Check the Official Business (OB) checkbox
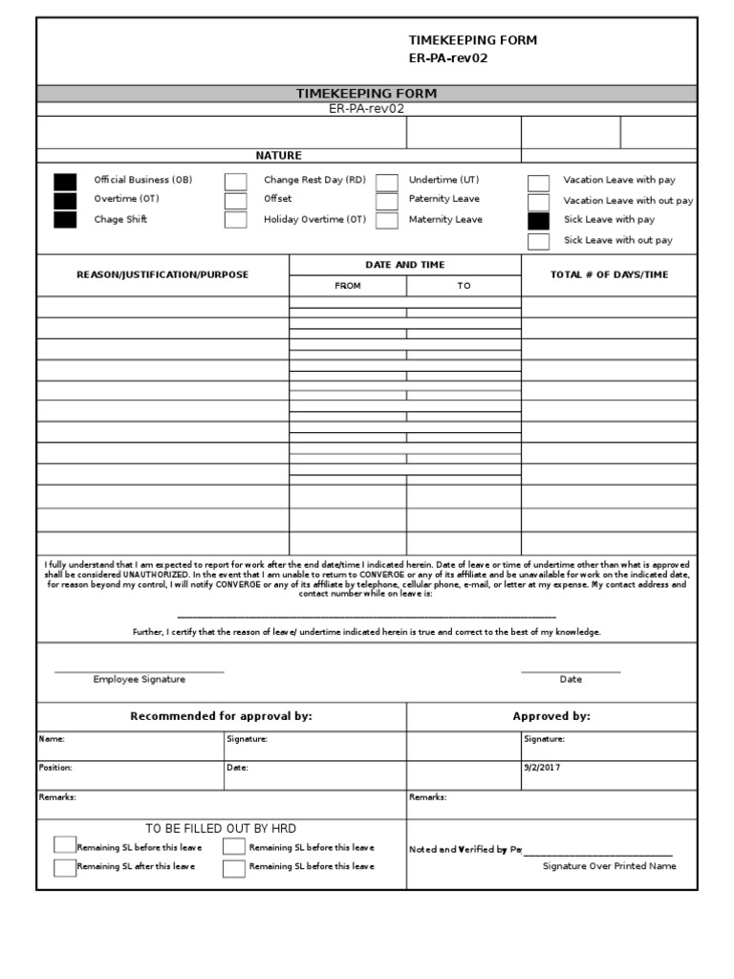tap(65, 182)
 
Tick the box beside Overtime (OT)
tap(65, 201)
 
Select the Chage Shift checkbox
tap(65, 220)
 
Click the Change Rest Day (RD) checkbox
tap(235, 182)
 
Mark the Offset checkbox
tap(235, 201)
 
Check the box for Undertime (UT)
tap(386, 182)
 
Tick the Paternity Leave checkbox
tap(386, 201)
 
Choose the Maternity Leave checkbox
tap(386, 220)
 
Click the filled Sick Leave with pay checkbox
tap(539, 221)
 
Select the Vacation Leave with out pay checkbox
tap(539, 202)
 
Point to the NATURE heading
tap(278, 156)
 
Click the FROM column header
tap(348, 286)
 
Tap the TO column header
tap(464, 286)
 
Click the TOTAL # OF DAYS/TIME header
tap(609, 275)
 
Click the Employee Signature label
tap(139, 680)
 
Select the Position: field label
tap(54, 768)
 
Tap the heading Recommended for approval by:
tap(221, 716)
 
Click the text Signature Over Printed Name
tap(609, 866)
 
